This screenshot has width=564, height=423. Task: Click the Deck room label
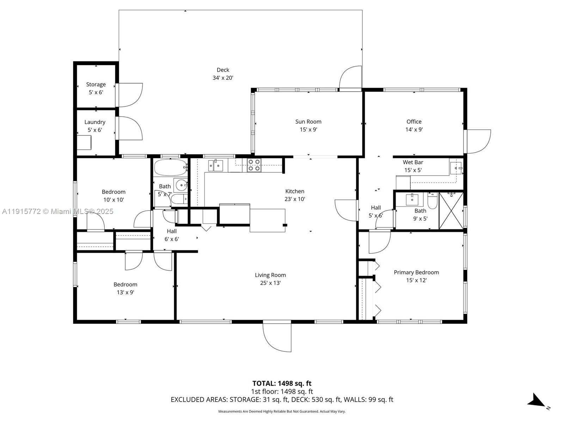(x=223, y=70)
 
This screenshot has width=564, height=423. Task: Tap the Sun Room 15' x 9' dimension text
(x=308, y=129)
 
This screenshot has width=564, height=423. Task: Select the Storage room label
(x=96, y=85)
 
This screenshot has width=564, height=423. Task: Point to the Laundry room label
(x=95, y=122)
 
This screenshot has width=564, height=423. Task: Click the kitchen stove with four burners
(x=254, y=165)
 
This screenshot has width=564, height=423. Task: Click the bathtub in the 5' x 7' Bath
(x=170, y=167)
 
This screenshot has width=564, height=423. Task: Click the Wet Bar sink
(x=456, y=168)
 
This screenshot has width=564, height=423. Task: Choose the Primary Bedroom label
(x=416, y=272)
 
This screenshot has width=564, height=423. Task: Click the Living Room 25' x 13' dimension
(x=270, y=283)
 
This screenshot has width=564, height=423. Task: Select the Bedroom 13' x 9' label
(x=125, y=284)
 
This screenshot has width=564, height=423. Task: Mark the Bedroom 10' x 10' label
(x=114, y=192)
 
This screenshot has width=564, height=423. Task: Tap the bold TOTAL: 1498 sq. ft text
(x=282, y=383)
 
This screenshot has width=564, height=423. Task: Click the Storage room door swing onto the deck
(x=130, y=95)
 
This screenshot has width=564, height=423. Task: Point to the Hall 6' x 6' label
(x=172, y=231)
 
